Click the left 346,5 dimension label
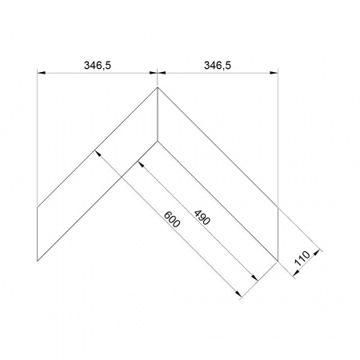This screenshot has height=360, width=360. click(98, 66)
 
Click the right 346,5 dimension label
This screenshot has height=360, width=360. click(218, 66)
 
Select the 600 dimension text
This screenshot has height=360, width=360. click(172, 219)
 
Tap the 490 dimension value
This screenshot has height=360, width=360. click(202, 218)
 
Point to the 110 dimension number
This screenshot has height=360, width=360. click(302, 258)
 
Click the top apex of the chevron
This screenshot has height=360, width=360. click(158, 87)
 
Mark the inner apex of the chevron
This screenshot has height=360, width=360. click(158, 141)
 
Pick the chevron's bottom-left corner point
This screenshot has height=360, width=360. click(38, 261)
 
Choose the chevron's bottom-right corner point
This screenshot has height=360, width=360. click(278, 261)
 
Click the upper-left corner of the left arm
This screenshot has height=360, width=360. click(38, 206)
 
